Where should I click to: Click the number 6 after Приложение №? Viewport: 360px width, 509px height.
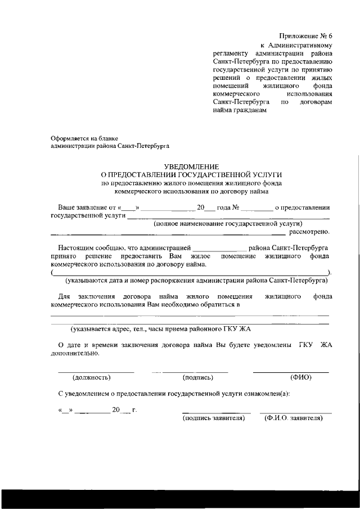coord(331,35)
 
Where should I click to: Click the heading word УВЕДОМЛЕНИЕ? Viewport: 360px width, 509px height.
coord(190,166)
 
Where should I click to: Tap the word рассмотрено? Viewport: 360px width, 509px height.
coord(309,231)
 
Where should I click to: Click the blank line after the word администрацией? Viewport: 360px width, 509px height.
coord(219,249)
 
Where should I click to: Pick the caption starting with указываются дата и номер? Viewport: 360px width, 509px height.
coord(196,280)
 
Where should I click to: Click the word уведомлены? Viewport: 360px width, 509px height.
coord(267,344)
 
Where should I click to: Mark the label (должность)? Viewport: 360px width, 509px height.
coord(92,377)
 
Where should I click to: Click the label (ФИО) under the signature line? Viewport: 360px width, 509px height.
coord(300,377)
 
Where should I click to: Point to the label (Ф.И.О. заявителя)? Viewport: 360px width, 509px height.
coord(292,418)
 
